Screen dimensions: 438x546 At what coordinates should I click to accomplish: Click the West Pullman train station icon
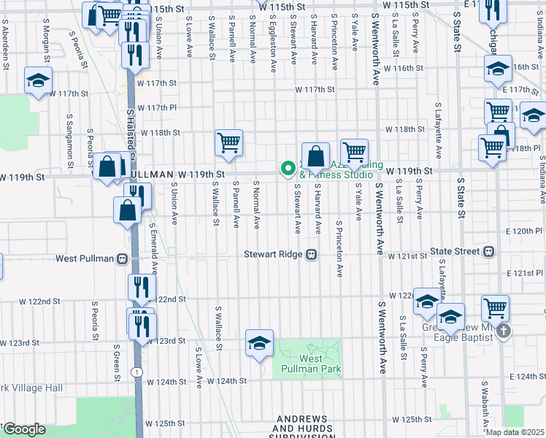click(121, 258)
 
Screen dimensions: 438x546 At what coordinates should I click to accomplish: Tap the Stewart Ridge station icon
click(311, 254)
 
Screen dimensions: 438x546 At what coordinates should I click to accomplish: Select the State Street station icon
click(488, 252)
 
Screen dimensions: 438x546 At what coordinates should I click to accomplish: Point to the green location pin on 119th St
click(288, 169)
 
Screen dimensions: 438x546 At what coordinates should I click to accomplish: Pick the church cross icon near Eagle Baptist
click(503, 332)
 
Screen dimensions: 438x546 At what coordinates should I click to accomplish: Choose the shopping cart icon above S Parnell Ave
click(228, 142)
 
